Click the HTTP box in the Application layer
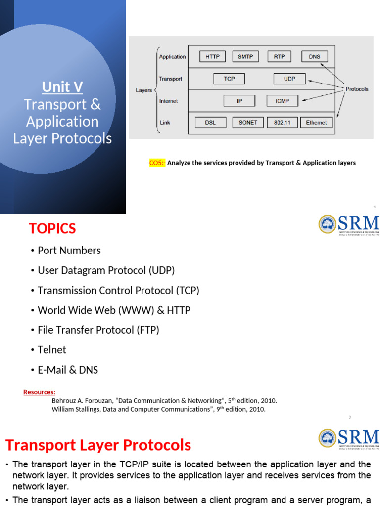pos(213,57)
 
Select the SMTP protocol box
pos(245,57)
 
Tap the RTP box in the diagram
pos(280,57)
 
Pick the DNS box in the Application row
pos(315,57)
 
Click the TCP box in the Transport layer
pos(229,79)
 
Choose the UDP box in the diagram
pos(289,79)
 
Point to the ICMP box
pos(282,101)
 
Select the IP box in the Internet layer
pos(239,101)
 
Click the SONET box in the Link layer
pos(248,123)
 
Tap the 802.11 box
pos(282,123)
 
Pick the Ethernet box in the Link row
pos(317,123)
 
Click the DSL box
pos(210,123)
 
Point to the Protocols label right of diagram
pos(357,89)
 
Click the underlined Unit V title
pos(62,87)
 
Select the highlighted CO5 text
pos(157,163)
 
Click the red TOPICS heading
pos(52,229)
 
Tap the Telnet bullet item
pos(51,350)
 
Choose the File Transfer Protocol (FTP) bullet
pos(98,330)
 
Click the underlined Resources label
pos(39,392)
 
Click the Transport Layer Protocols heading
pos(98,445)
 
